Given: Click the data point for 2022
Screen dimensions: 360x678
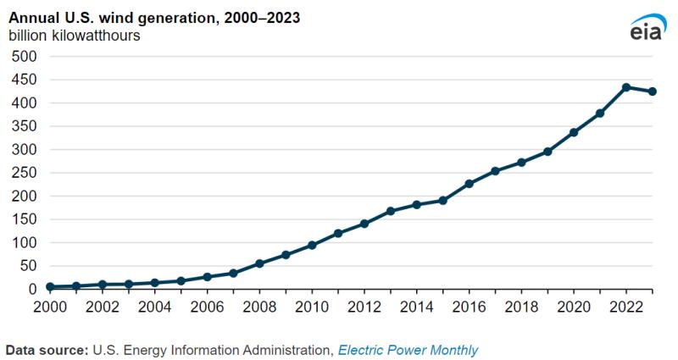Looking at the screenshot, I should (x=625, y=87).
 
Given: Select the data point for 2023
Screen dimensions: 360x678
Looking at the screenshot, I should (x=652, y=91).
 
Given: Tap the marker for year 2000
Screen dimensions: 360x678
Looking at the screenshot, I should (x=50, y=287).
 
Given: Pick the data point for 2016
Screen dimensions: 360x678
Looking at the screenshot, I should (x=469, y=184).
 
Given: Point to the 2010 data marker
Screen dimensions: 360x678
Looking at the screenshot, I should (x=312, y=245).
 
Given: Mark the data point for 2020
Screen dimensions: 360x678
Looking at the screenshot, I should (x=574, y=132).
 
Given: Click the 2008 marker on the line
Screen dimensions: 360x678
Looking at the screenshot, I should (x=259, y=263).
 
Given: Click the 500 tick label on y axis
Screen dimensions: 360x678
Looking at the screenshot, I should (x=24, y=57).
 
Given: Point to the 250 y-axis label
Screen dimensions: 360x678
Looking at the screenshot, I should (x=24, y=173).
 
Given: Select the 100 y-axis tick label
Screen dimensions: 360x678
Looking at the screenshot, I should (x=24, y=243).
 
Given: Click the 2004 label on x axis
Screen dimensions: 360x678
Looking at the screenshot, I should (x=154, y=307).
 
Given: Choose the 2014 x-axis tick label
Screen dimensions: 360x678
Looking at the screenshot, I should (x=416, y=307).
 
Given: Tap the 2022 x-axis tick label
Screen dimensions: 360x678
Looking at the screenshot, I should (x=625, y=307).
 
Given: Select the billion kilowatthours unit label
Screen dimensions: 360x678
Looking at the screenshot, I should (x=75, y=36).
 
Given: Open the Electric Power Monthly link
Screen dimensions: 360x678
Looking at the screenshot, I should (x=408, y=350).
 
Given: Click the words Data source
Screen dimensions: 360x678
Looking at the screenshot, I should (x=47, y=350).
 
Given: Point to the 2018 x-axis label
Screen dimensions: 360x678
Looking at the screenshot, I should (x=521, y=307).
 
